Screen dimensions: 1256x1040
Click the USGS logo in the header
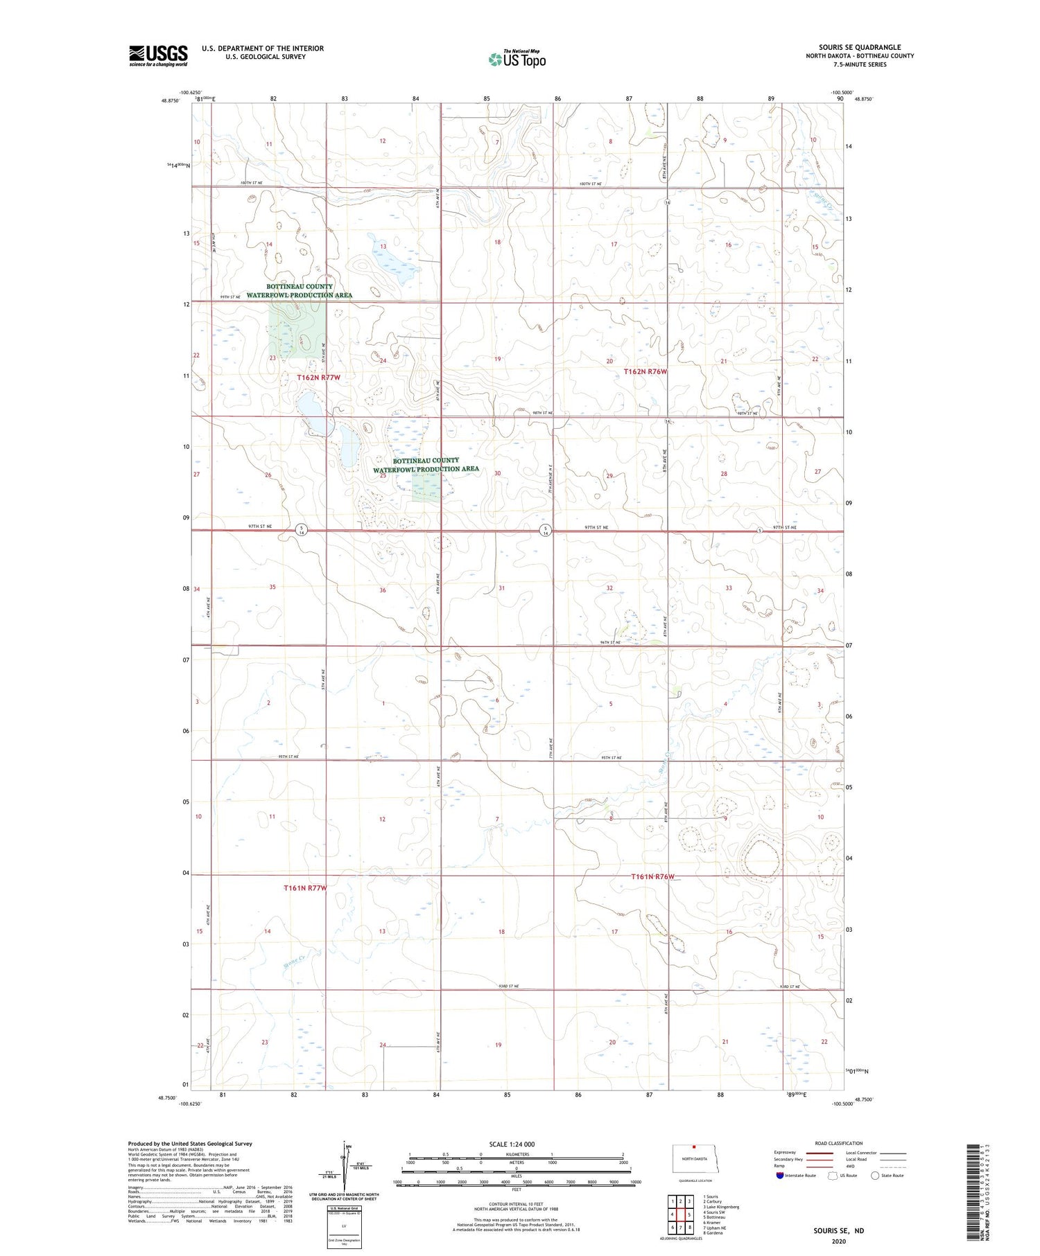(158, 55)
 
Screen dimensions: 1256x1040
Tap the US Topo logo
(517, 60)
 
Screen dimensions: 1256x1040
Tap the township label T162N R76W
(645, 371)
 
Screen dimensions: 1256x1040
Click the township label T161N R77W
(305, 887)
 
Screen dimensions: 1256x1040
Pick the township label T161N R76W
(652, 876)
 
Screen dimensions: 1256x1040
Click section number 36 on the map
(382, 590)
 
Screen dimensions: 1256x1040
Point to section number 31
(501, 587)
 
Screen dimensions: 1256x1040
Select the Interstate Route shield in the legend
(779, 1175)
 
